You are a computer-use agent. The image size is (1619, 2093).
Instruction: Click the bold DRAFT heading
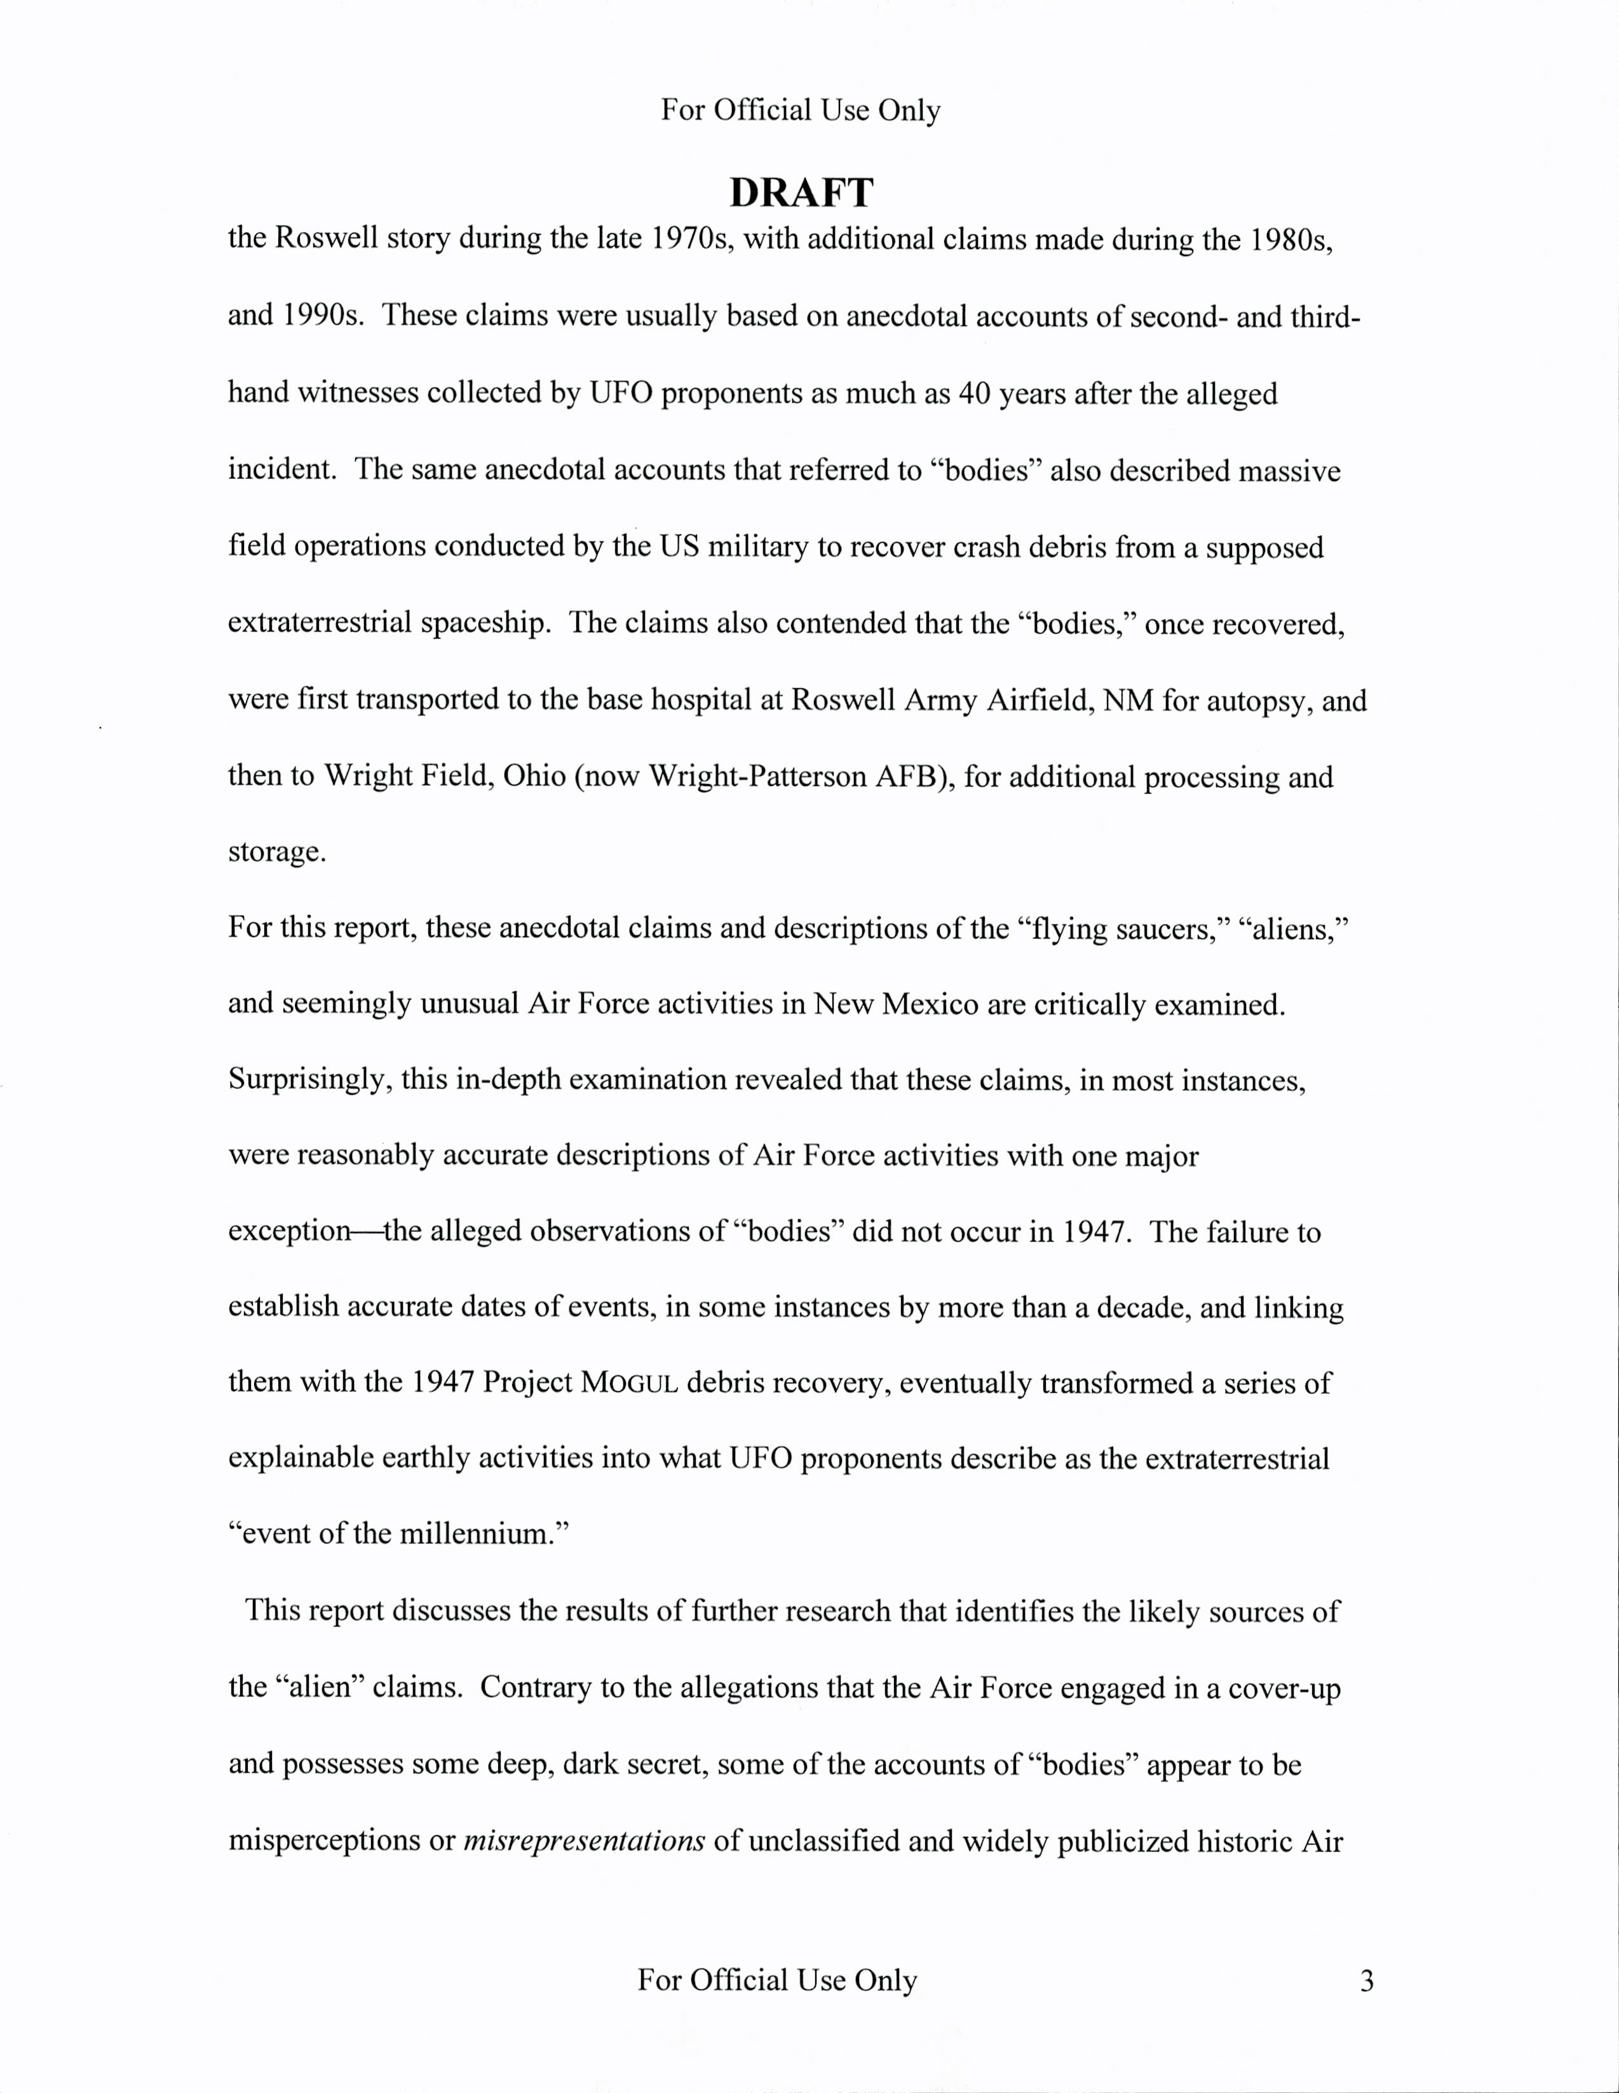(x=801, y=193)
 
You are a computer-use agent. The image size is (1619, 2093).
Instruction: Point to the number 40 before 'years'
(x=974, y=394)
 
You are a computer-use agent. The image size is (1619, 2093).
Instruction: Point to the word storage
(x=276, y=852)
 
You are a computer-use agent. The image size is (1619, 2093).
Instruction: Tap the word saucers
(x=1174, y=928)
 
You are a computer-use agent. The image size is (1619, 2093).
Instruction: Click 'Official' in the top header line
(x=762, y=110)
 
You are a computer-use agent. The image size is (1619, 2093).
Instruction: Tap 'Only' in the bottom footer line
(x=886, y=1980)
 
